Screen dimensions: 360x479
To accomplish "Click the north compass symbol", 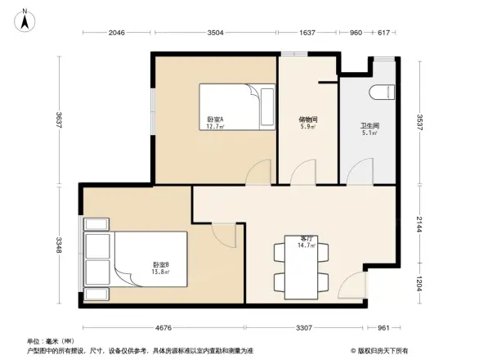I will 25,19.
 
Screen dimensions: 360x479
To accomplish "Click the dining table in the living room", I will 302,267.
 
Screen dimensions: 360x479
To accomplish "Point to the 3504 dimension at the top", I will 215,34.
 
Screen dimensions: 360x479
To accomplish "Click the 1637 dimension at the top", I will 307,34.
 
